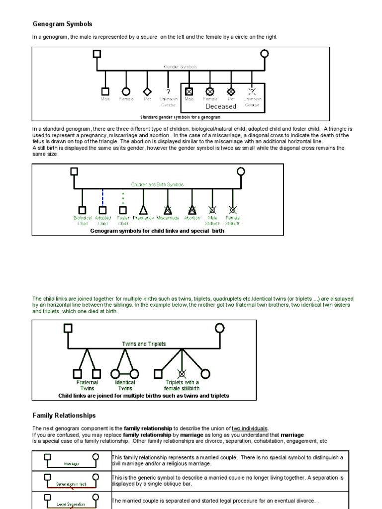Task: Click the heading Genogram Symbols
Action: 63,24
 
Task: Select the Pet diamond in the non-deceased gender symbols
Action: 147,91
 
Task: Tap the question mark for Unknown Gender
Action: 168,92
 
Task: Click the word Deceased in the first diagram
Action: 220,106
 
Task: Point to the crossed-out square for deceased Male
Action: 189,91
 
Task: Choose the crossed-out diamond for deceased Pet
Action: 231,91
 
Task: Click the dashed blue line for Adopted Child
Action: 102,197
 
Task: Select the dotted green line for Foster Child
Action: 123,197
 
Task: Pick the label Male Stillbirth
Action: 212,221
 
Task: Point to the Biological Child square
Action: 82,210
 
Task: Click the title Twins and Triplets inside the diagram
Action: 144,344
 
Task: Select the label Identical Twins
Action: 125,385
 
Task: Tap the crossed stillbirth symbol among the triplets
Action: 182,373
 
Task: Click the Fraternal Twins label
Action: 87,385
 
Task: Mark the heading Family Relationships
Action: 64,416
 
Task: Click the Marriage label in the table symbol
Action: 72,464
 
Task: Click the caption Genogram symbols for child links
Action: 157,231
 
